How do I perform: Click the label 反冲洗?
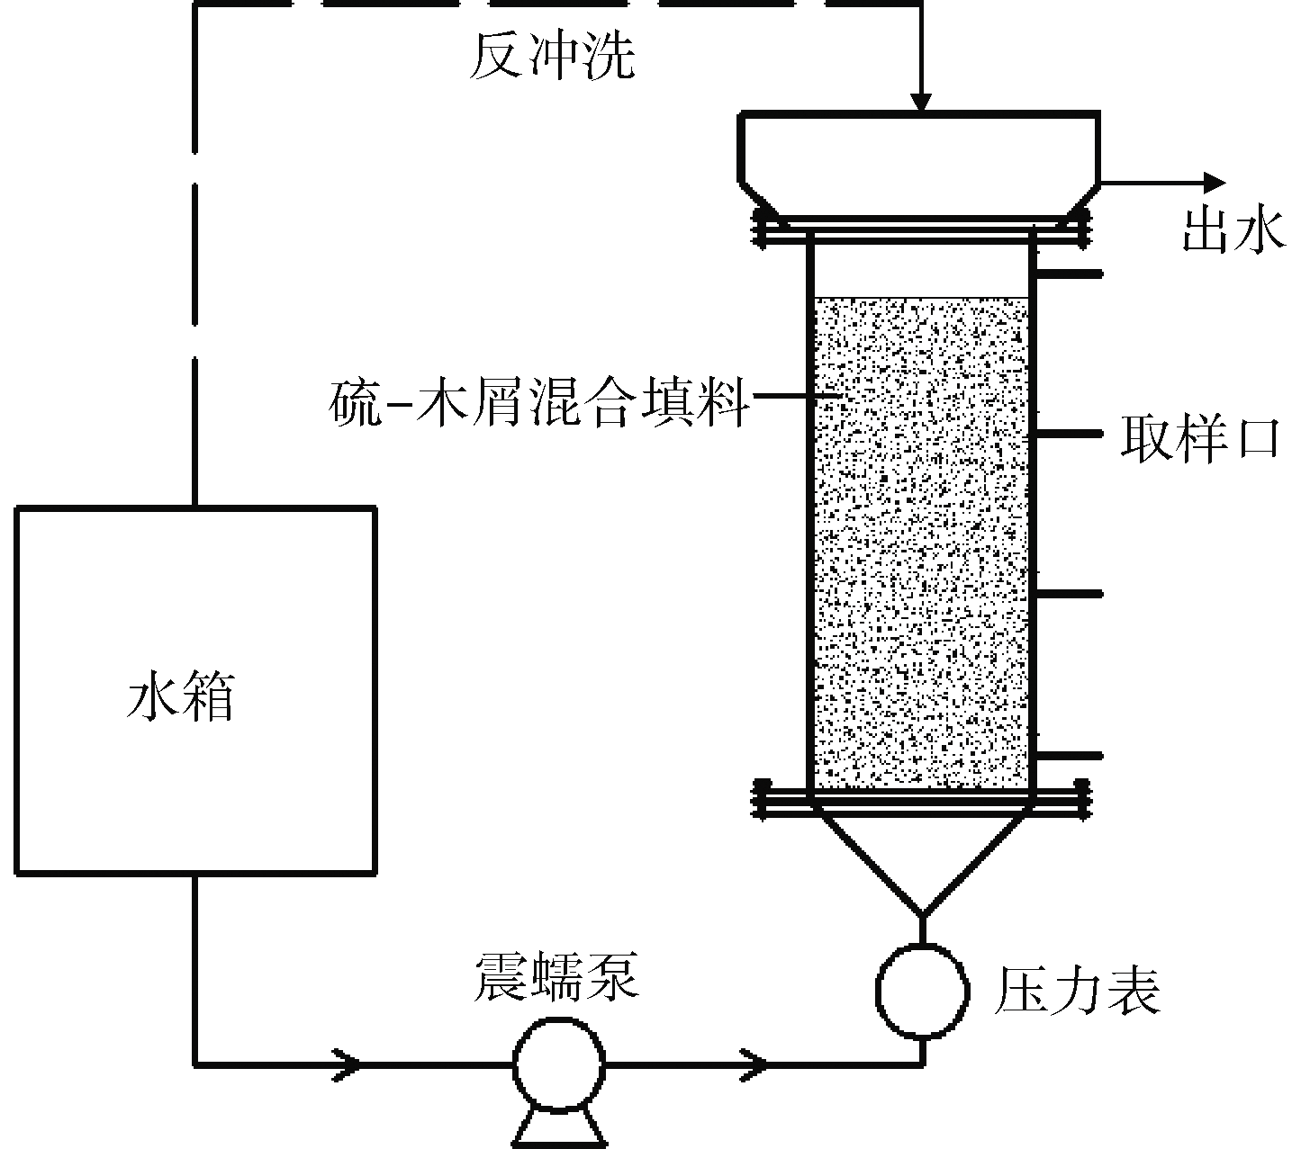[x=551, y=59]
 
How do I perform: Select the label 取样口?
[x=1199, y=439]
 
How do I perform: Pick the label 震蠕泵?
[x=556, y=978]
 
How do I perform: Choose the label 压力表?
[x=1076, y=992]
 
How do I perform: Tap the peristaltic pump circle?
[x=558, y=1064]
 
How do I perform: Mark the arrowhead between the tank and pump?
[x=349, y=1064]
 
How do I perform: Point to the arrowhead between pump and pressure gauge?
[x=754, y=1064]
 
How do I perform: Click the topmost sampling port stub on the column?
[x=1068, y=273]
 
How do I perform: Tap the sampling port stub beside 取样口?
[x=1068, y=434]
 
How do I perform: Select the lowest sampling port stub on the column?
[x=1068, y=756]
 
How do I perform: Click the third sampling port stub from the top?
[x=1068, y=594]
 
